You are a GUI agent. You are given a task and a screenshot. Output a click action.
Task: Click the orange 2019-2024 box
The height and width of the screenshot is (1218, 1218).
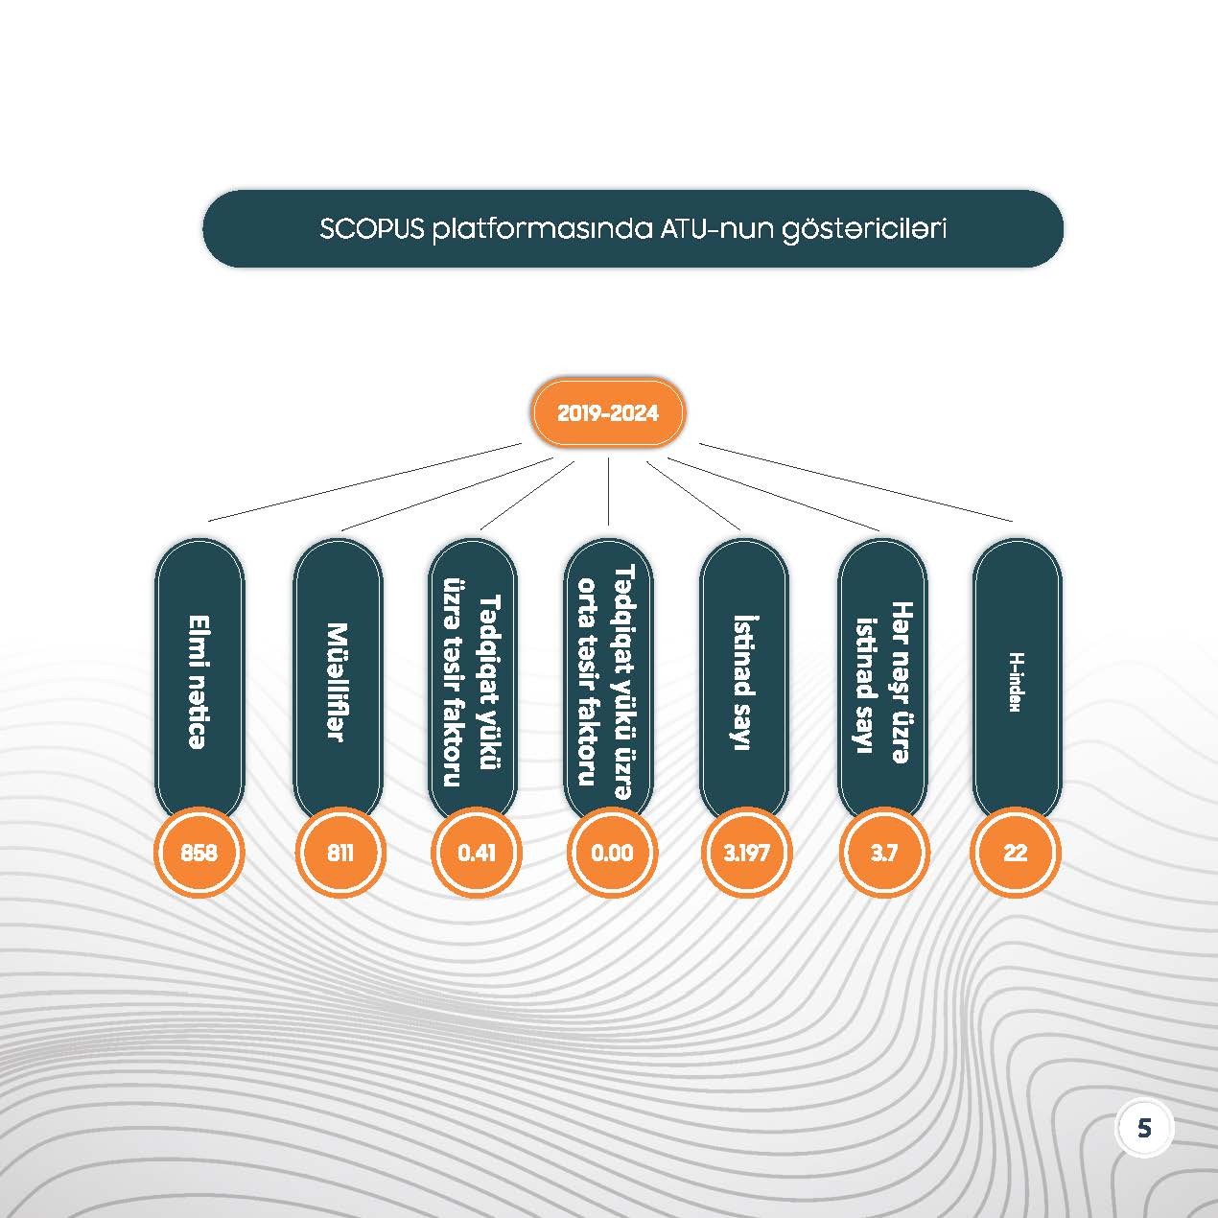coord(608,413)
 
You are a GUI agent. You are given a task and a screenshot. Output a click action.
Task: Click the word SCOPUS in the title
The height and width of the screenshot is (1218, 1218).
coord(371,230)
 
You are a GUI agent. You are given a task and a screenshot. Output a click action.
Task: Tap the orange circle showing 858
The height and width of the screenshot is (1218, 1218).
coord(199,853)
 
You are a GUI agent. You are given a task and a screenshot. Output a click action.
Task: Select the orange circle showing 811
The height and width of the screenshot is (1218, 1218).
coord(340,853)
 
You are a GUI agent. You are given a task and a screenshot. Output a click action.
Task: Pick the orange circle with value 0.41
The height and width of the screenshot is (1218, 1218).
coord(477,853)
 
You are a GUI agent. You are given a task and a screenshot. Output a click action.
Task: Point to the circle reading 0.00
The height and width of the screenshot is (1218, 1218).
coord(612,853)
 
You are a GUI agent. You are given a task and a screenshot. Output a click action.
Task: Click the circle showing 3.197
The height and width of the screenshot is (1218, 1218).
coord(746,853)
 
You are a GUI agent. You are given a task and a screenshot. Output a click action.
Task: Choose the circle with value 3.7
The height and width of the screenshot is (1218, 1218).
coord(883,853)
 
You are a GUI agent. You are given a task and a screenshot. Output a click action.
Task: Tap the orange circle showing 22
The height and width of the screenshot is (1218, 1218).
coord(1016,853)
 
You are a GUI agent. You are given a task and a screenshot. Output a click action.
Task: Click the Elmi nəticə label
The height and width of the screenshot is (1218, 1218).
coord(199,681)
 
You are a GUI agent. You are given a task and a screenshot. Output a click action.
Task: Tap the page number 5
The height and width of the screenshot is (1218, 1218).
coord(1144,1128)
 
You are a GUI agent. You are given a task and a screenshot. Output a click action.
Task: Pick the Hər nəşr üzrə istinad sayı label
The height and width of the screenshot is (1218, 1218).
coord(882,681)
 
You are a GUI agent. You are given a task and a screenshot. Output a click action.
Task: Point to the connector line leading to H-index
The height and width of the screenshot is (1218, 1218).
coord(854,482)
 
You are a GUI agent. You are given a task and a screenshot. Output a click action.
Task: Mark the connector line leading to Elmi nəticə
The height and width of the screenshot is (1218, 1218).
coord(364,482)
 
